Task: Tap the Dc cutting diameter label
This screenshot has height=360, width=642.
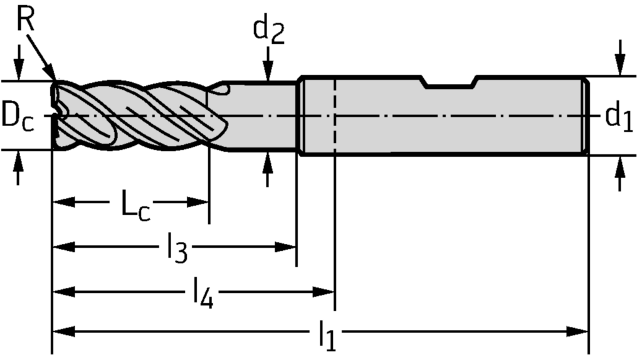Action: (17, 116)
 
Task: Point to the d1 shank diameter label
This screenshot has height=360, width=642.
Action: (619, 116)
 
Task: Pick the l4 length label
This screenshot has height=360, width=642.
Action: (202, 294)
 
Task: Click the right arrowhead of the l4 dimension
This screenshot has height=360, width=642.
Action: (325, 291)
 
